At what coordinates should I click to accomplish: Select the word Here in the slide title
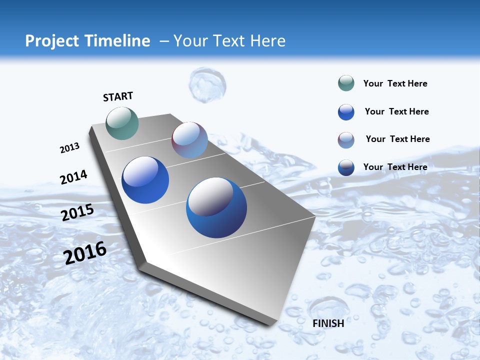(267, 41)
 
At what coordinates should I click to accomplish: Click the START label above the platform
(118, 96)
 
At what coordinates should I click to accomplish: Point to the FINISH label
(328, 323)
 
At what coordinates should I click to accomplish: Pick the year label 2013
(69, 148)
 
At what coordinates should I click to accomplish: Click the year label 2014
(73, 177)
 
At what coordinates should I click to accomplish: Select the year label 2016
(85, 252)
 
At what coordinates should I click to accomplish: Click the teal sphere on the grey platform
(122, 123)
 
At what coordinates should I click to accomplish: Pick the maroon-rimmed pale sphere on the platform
(189, 140)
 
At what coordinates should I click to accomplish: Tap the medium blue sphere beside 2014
(145, 180)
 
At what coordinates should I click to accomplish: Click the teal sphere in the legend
(346, 83)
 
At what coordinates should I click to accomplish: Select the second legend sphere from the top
(346, 112)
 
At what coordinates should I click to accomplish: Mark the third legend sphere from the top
(346, 140)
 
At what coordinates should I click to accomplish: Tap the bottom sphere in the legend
(346, 167)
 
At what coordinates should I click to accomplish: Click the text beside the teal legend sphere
(395, 84)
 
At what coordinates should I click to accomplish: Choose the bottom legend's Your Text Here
(395, 167)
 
